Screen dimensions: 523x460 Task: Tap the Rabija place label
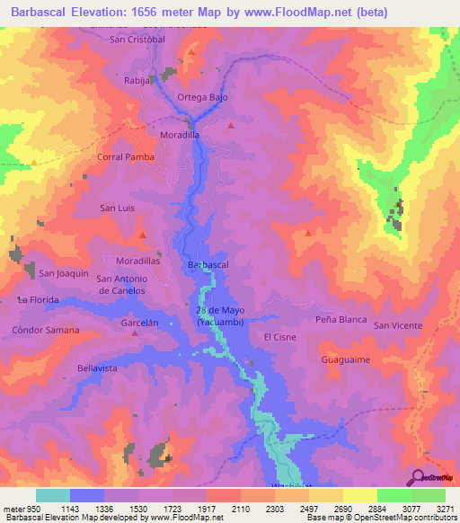tap(137, 80)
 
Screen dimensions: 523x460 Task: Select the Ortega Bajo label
tap(202, 97)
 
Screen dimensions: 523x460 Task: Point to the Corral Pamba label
tap(125, 156)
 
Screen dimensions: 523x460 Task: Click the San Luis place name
tap(117, 208)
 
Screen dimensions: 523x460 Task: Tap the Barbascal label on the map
tap(208, 265)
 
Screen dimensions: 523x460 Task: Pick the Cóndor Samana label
tap(46, 330)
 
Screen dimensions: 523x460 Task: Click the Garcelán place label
tap(139, 321)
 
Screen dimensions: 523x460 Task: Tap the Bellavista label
tap(98, 368)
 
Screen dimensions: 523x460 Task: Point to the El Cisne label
tap(279, 337)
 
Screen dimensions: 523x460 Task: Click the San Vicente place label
tap(398, 325)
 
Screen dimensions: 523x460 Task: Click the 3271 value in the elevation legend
tap(445, 509)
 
